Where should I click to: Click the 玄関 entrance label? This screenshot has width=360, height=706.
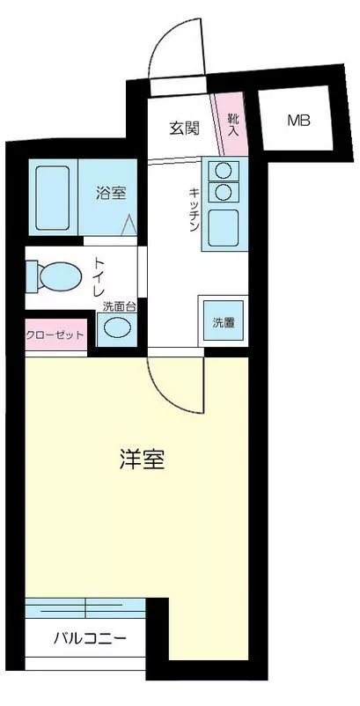click(x=184, y=129)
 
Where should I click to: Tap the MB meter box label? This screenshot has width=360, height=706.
click(x=298, y=121)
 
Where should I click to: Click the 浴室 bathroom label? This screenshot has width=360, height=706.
click(x=110, y=193)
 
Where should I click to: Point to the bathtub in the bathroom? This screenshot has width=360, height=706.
click(x=53, y=198)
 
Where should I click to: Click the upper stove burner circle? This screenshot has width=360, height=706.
click(x=224, y=170)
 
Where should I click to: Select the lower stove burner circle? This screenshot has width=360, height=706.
click(x=224, y=192)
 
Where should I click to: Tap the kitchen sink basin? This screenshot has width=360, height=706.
click(x=224, y=228)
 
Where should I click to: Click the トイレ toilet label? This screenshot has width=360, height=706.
click(x=99, y=277)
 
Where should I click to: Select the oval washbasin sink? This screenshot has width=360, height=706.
click(x=116, y=327)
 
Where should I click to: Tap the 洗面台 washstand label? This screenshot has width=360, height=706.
click(x=119, y=307)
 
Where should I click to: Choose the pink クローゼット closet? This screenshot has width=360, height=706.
click(x=55, y=335)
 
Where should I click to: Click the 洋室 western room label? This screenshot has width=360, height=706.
click(x=143, y=459)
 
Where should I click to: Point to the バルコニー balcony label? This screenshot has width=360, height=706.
click(x=90, y=637)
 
